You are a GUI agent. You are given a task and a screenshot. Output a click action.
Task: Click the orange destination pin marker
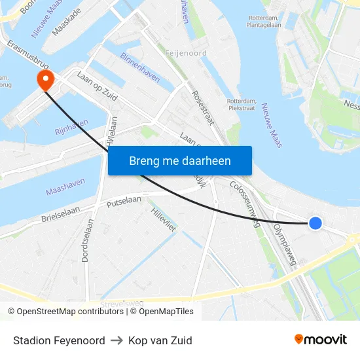click(45, 81)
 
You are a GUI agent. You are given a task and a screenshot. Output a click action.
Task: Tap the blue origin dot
click(315, 223)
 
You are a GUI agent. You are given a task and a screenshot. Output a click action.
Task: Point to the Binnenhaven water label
click(139, 67)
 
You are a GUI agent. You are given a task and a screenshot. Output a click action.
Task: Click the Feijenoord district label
click(186, 53)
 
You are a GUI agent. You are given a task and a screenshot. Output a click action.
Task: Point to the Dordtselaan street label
click(88, 240)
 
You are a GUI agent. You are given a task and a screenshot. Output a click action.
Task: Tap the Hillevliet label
click(163, 220)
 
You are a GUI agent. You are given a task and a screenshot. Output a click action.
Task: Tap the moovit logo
click(320, 340)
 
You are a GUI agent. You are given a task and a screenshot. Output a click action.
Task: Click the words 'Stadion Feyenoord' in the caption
click(59, 340)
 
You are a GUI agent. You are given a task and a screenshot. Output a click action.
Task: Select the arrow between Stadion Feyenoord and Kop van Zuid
click(117, 340)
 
